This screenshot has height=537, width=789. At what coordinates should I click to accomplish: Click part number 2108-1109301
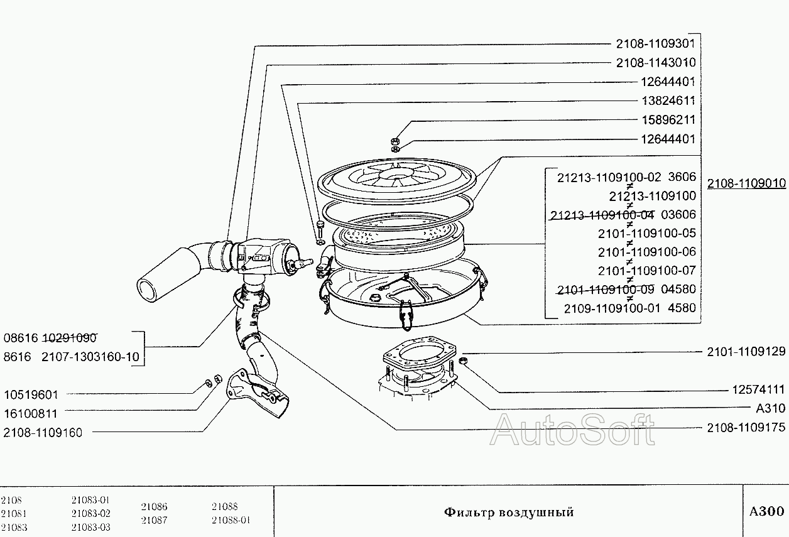point(655,44)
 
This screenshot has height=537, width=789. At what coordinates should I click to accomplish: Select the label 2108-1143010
point(655,63)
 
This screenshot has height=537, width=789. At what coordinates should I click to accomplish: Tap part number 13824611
point(667,100)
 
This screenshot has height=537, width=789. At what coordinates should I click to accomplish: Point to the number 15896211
point(667,119)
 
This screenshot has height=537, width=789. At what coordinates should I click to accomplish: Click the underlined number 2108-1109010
point(746,183)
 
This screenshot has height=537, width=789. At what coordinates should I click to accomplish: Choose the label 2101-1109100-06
point(646,252)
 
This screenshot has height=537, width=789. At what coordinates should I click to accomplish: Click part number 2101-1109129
point(746,351)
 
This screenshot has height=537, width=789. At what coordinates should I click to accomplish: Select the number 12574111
point(758,389)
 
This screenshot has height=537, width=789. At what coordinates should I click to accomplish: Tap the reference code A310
point(770,408)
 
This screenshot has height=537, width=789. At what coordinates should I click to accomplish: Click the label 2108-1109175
point(746,428)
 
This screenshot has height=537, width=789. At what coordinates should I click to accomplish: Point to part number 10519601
point(30,395)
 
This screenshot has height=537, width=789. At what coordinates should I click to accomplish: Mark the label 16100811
point(30,413)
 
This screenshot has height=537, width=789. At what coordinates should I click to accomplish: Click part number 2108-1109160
point(43,432)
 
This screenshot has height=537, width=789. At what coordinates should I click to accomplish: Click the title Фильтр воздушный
point(509,512)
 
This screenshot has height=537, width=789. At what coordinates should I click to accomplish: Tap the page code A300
point(766,511)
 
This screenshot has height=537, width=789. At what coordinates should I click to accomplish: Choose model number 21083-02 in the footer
point(91,513)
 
